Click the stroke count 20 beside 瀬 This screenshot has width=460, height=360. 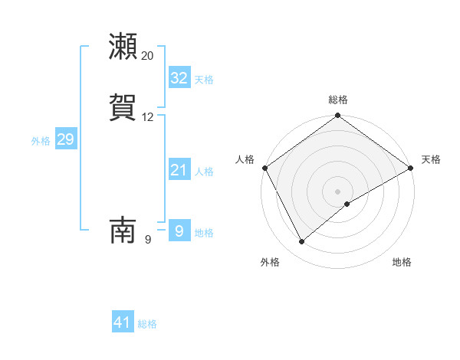148,56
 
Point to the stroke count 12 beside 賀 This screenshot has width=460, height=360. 148,117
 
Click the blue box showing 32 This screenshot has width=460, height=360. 179,78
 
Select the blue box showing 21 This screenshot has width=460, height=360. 179,170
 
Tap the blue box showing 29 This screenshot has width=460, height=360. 65,139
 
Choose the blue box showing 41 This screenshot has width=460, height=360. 123,322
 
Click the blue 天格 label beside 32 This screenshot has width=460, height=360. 204,80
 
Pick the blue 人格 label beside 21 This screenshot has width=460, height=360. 204,172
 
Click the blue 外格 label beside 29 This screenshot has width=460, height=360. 41,141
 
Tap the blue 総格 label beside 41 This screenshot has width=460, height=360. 148,324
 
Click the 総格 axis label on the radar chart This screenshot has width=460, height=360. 338,100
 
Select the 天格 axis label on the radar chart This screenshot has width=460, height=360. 431,159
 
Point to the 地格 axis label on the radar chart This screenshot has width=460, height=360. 402,262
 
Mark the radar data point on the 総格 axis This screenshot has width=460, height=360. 338,116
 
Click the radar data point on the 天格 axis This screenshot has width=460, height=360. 412,168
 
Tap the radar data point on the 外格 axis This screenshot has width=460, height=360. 301,242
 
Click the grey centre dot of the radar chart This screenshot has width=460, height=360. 338,191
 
